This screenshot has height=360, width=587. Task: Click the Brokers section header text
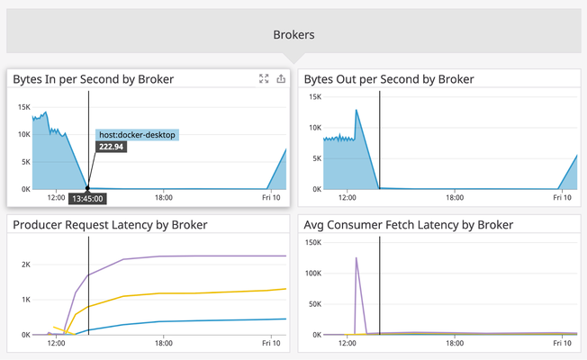click(x=293, y=35)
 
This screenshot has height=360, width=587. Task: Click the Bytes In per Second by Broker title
click(x=94, y=79)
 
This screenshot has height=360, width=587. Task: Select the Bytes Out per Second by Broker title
click(x=389, y=79)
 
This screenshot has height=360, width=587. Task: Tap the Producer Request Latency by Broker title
click(x=110, y=224)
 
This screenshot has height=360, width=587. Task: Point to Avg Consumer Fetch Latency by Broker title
click(x=409, y=224)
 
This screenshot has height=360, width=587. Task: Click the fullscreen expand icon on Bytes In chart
click(x=264, y=79)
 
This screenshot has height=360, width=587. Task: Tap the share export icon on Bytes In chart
click(x=281, y=79)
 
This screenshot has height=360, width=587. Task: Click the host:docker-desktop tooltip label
click(x=138, y=135)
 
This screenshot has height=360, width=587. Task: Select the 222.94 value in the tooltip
click(x=112, y=147)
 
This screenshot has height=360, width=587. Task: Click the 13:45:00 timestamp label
click(x=87, y=199)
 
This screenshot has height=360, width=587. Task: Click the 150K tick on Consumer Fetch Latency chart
click(x=314, y=243)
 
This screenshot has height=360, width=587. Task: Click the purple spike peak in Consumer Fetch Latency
click(x=357, y=258)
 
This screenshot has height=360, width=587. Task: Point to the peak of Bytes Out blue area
click(x=357, y=110)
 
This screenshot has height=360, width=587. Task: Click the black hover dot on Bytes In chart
click(x=87, y=189)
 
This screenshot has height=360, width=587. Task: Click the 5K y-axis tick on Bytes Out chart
click(x=316, y=157)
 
